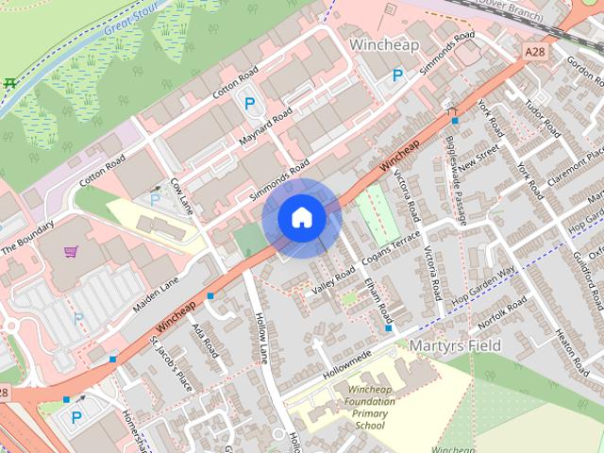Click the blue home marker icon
(302, 217)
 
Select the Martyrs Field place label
(455, 346)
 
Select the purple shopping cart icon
(71, 252)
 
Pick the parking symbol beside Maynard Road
(250, 105)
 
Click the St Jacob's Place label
(170, 362)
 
